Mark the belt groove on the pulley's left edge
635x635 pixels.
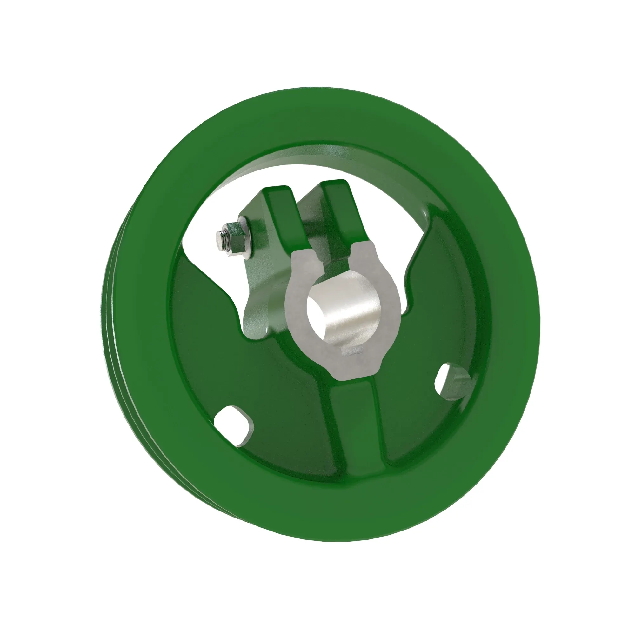click(x=113, y=329)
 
